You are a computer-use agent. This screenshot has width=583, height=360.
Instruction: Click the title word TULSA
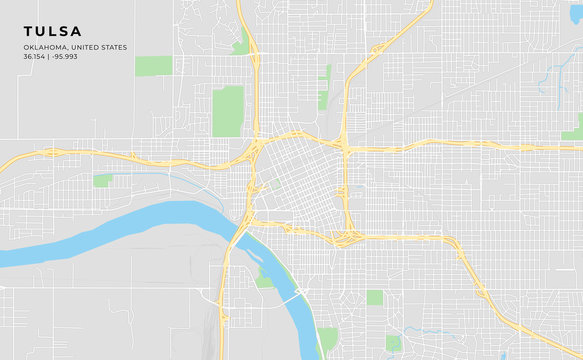[53, 31]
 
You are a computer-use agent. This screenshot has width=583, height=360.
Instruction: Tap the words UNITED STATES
[107, 46]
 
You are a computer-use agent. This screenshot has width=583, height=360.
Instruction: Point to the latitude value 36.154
[37, 56]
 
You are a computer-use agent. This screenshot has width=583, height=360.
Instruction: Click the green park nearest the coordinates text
[153, 66]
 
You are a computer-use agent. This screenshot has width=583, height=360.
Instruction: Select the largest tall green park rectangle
[228, 111]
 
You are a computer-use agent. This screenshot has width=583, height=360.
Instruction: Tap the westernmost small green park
[102, 180]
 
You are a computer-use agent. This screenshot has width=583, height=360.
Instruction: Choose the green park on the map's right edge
[574, 128]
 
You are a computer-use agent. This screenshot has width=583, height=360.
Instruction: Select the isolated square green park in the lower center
[374, 297]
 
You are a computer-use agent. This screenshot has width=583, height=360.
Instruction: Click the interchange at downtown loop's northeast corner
[343, 146]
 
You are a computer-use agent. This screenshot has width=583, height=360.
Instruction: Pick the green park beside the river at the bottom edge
[327, 339]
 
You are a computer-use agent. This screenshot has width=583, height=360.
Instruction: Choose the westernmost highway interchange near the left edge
[47, 154]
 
